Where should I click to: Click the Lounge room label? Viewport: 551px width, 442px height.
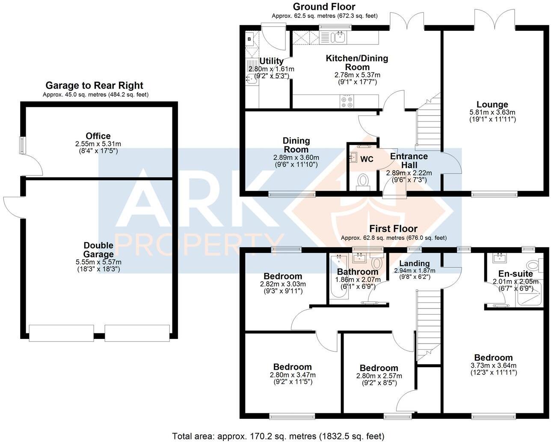pos(492,104)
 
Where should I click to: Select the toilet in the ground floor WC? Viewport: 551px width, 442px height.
pos(363,180)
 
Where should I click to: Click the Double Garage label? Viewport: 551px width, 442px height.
pos(98,250)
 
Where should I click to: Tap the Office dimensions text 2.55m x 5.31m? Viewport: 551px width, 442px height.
pos(98,144)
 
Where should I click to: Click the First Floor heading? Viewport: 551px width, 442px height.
pos(393,228)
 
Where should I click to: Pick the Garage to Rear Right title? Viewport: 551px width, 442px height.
pos(95,86)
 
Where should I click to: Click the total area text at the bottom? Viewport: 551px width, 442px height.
pos(278,436)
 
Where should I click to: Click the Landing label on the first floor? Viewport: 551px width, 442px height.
pos(414,263)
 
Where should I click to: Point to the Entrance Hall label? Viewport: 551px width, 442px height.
pos(409,160)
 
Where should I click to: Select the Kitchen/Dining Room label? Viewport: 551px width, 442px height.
pos(357,62)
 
